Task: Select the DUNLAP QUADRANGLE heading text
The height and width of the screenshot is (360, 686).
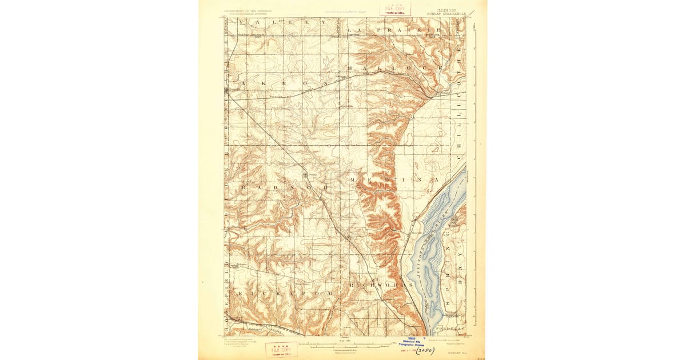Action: (451, 13)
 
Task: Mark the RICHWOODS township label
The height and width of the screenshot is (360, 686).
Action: (381, 284)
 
